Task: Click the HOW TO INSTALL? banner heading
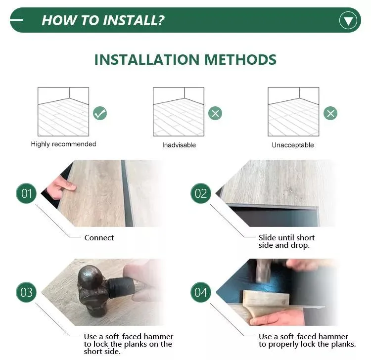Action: pyautogui.click(x=103, y=20)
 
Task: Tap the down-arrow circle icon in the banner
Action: pyautogui.click(x=348, y=20)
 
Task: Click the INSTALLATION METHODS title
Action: pyautogui.click(x=185, y=60)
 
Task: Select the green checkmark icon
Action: pyautogui.click(x=100, y=113)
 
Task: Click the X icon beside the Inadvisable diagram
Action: pyautogui.click(x=215, y=113)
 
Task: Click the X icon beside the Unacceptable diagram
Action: pyautogui.click(x=330, y=113)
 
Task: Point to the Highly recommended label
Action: pyautogui.click(x=63, y=144)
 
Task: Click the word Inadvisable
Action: pyautogui.click(x=179, y=145)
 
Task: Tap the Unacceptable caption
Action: pyautogui.click(x=293, y=145)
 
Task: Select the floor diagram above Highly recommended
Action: pyautogui.click(x=63, y=112)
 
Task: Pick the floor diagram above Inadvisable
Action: pyautogui.click(x=178, y=112)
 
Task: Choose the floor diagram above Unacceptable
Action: pyautogui.click(x=293, y=112)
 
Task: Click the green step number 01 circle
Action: pyautogui.click(x=26, y=193)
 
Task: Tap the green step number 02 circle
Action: pyautogui.click(x=201, y=193)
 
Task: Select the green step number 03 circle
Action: pyautogui.click(x=26, y=292)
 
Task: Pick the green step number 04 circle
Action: pyautogui.click(x=201, y=292)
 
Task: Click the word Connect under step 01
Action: pyautogui.click(x=99, y=238)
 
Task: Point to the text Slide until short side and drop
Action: pyautogui.click(x=286, y=241)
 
